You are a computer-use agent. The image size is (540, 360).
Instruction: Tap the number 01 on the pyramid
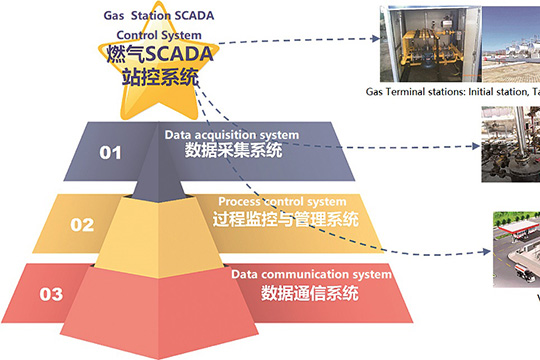click(x=109, y=153)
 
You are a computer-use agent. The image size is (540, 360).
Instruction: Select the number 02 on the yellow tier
click(x=81, y=224)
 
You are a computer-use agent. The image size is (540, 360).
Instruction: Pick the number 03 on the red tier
click(x=50, y=294)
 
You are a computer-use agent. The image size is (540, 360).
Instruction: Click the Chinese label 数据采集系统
click(x=233, y=151)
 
